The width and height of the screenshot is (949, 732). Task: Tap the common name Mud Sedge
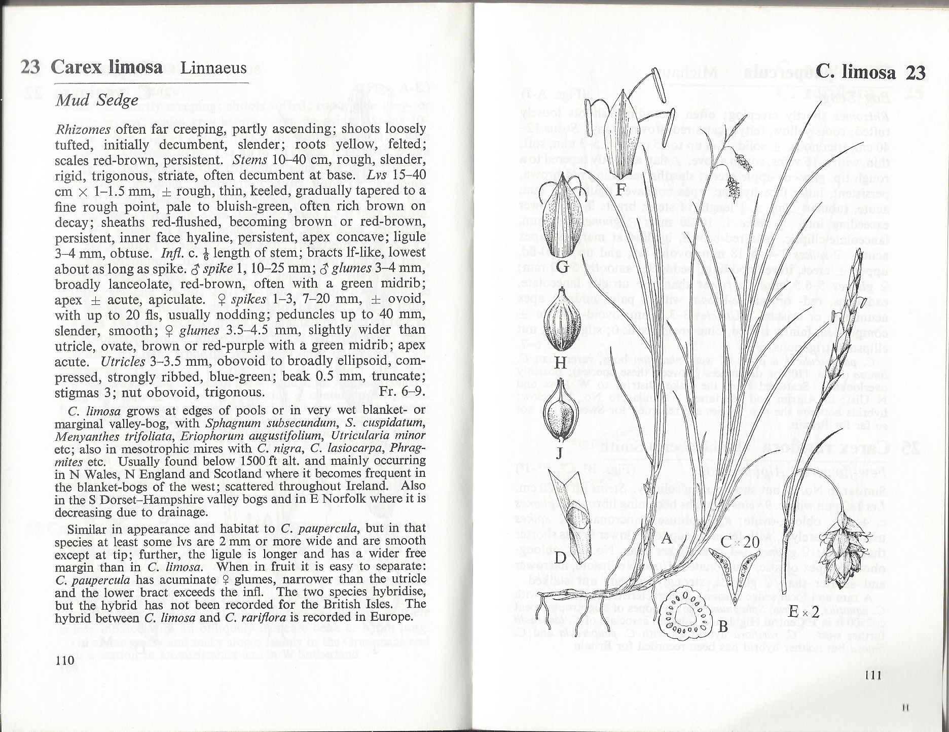(x=96, y=100)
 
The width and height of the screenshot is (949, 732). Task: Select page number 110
(x=65, y=660)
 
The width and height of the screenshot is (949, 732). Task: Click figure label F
(x=620, y=189)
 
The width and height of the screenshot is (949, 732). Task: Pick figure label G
(x=561, y=266)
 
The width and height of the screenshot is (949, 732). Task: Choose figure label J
(x=559, y=453)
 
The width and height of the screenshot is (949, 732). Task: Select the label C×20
(x=741, y=542)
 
